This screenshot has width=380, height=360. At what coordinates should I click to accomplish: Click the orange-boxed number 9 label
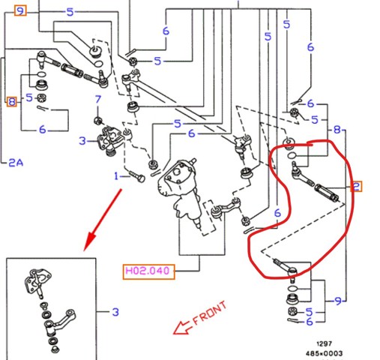[20, 11]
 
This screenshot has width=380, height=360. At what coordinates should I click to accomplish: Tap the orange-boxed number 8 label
[12, 102]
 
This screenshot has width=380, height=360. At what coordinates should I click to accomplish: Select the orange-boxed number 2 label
[356, 187]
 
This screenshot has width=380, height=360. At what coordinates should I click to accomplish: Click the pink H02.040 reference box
[148, 271]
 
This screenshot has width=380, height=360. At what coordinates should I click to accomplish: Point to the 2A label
[16, 163]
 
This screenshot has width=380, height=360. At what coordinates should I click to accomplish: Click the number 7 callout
[98, 99]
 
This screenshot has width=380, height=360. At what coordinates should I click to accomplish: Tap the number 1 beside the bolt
[116, 176]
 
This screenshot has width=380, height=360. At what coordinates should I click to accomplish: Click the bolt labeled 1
[137, 176]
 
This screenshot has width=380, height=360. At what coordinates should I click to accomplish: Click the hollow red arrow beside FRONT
[182, 328]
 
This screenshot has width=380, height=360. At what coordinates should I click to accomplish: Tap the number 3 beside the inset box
[115, 312]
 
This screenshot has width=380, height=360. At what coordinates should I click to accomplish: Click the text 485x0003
[324, 353]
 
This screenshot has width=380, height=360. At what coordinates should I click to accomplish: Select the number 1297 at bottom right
[324, 343]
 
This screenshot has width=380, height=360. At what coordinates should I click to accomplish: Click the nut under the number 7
[98, 121]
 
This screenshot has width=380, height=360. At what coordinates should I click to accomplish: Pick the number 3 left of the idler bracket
[82, 141]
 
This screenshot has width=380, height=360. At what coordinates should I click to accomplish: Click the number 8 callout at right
[337, 130]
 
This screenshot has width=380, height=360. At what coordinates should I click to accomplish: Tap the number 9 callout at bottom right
[338, 301]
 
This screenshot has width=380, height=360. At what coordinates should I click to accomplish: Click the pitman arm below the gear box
[226, 208]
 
